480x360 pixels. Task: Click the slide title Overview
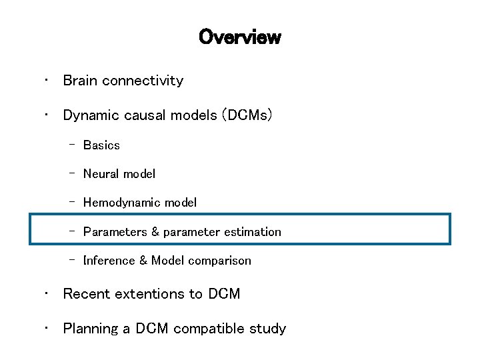[x=239, y=37]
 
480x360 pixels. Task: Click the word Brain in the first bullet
[x=80, y=81]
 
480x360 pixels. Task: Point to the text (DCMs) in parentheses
[x=248, y=115]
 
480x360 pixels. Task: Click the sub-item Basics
[x=101, y=145]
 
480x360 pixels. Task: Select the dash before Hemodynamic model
[x=71, y=201]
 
